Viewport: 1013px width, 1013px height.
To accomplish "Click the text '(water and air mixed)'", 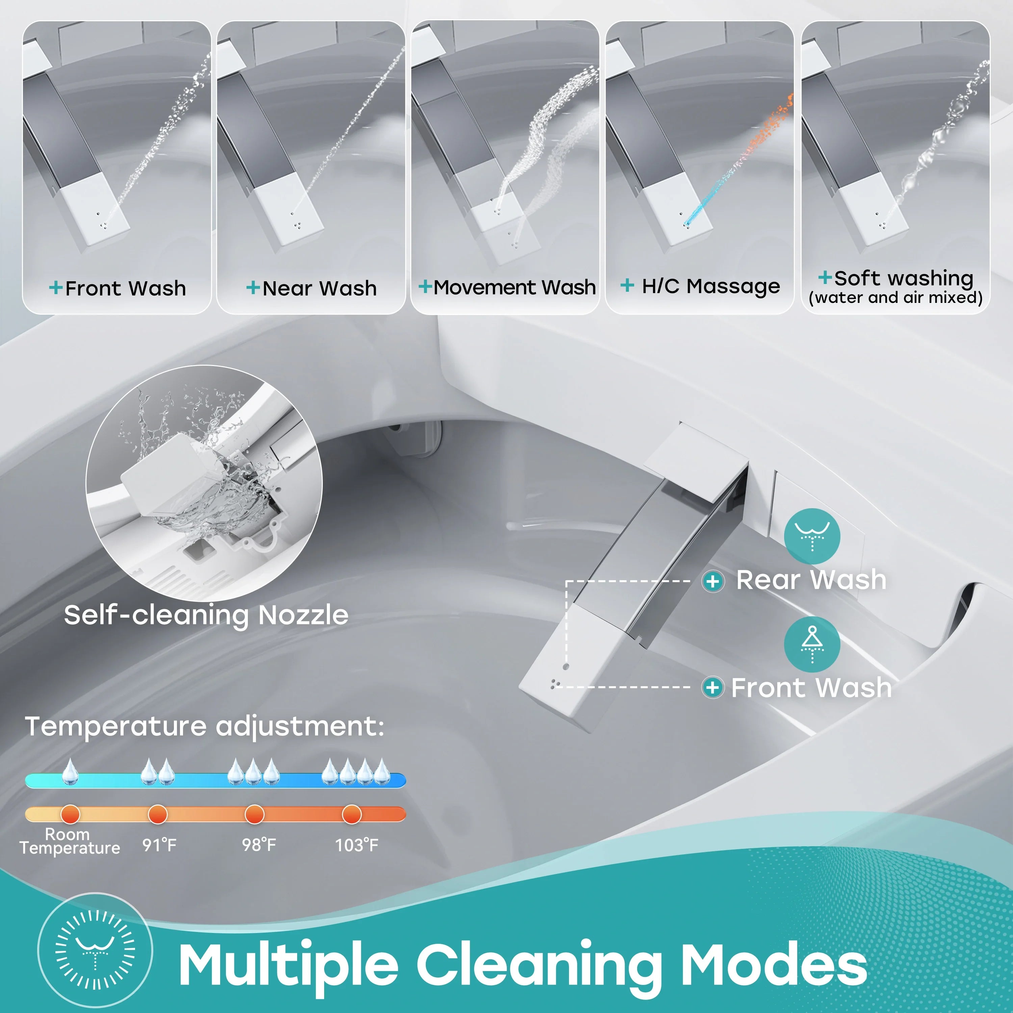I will click(x=895, y=298).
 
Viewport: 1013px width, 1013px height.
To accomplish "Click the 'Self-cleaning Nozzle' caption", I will click(x=206, y=615).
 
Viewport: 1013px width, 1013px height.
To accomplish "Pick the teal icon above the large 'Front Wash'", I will click(x=812, y=644).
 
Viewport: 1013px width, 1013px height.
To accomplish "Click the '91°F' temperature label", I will click(x=159, y=845).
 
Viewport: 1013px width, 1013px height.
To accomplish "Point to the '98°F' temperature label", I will click(x=259, y=845).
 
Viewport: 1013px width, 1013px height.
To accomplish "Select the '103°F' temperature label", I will click(x=357, y=845).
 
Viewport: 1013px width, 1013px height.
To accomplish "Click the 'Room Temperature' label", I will click(x=70, y=841).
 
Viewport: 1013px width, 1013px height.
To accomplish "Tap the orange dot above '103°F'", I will click(x=351, y=814).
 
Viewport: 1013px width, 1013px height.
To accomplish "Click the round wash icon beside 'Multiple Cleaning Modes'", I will click(x=96, y=950).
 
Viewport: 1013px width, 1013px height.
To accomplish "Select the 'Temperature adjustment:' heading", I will click(x=205, y=727).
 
